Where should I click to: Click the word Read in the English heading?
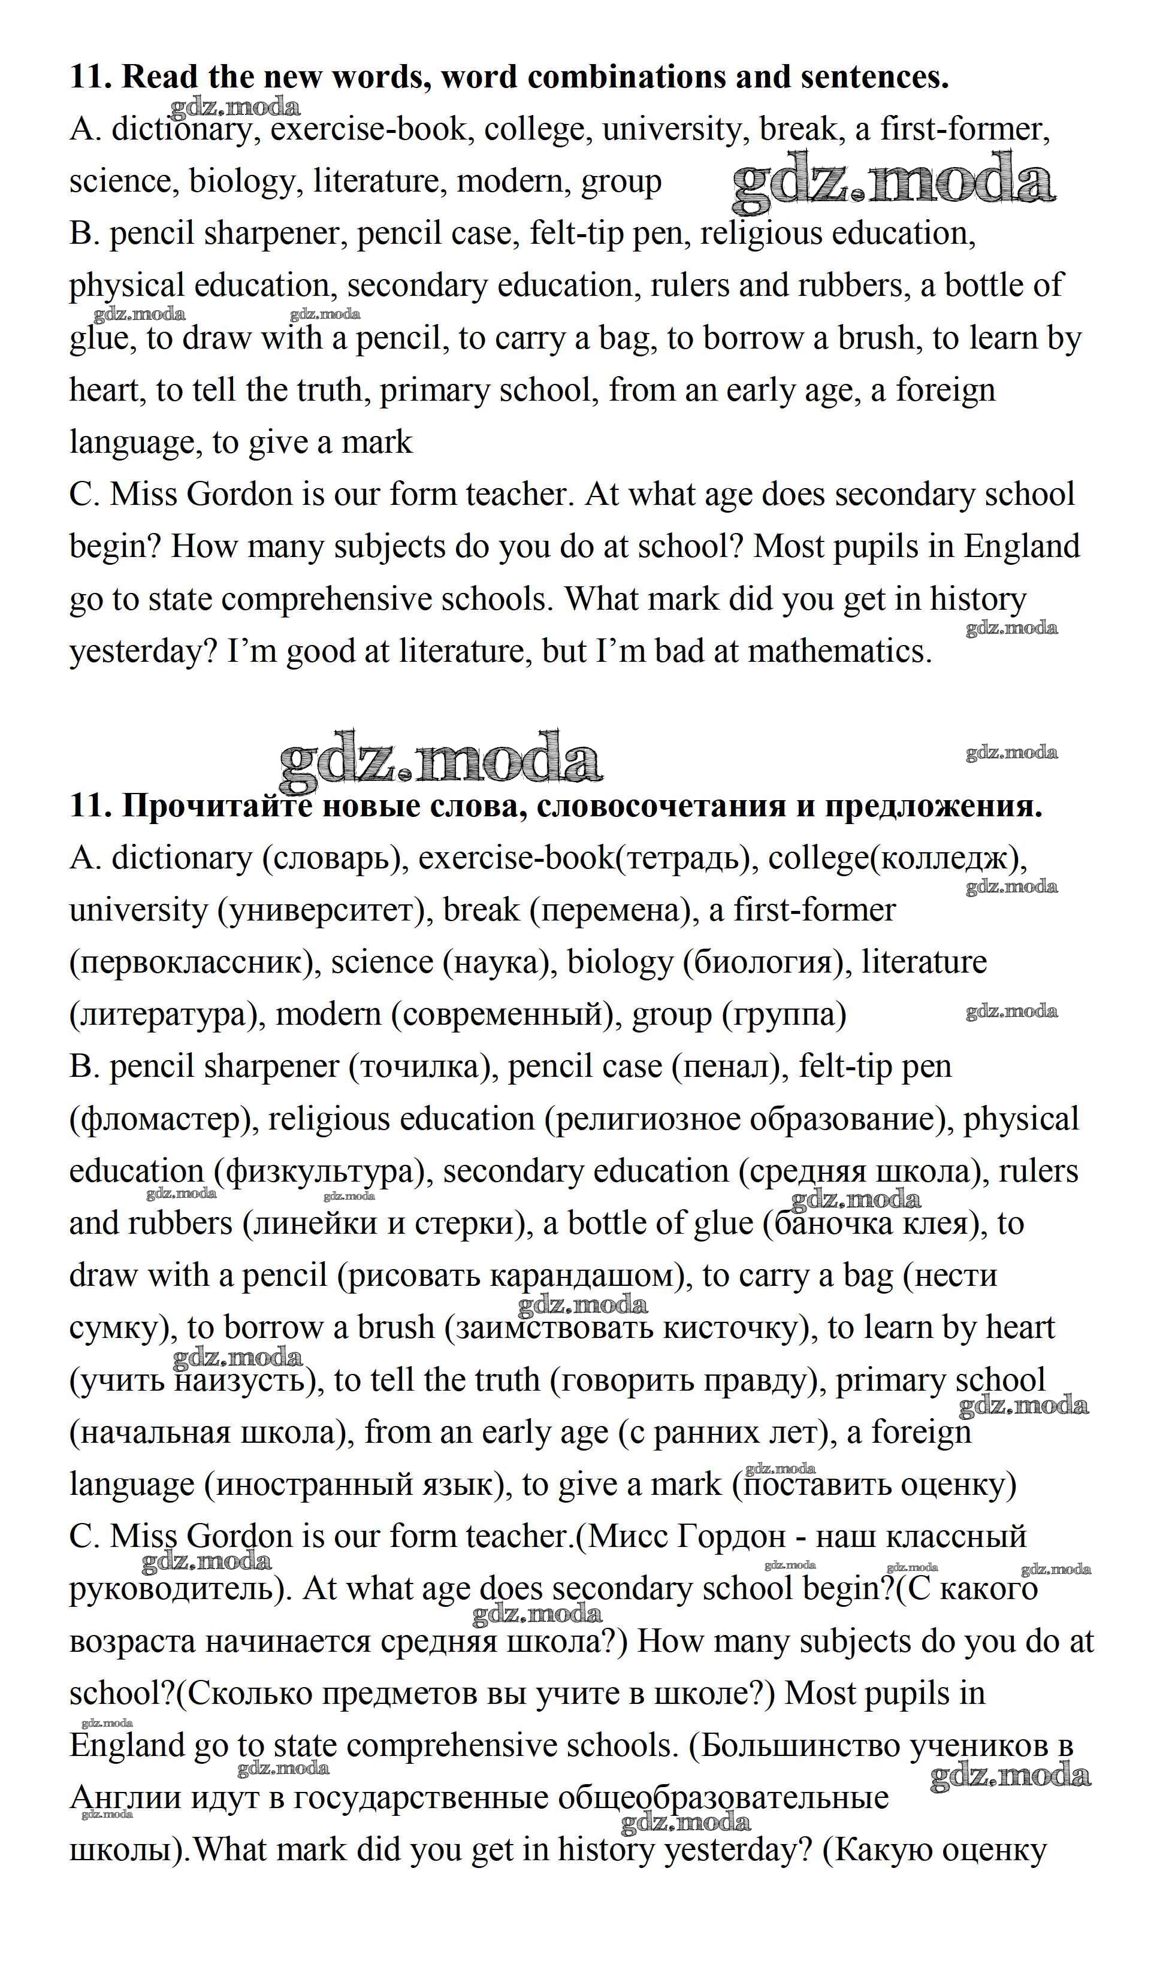(x=160, y=77)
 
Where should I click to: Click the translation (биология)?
(x=766, y=962)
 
